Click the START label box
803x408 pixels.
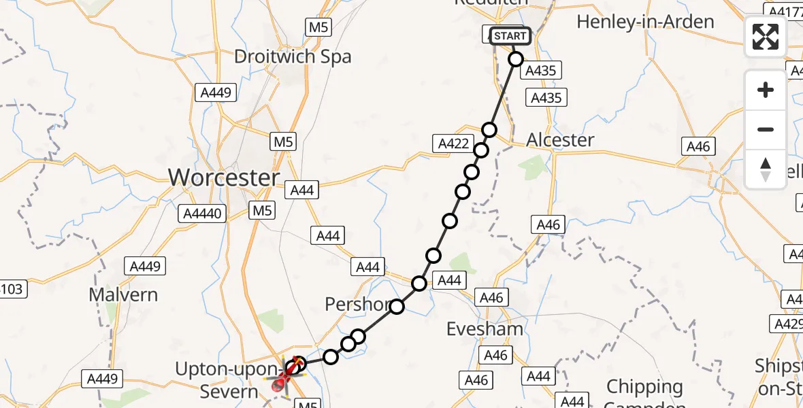click(510, 36)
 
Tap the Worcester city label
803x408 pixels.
click(224, 178)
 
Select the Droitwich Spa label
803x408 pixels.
click(293, 56)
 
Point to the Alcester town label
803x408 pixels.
click(560, 140)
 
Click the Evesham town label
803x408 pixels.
click(485, 330)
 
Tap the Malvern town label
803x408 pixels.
click(123, 295)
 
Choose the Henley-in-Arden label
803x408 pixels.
click(645, 22)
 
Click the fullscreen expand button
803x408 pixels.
click(766, 37)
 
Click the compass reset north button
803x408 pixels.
click(766, 169)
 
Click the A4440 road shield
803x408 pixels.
click(202, 214)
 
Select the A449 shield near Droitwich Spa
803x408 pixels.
click(216, 93)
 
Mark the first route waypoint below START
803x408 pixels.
click(516, 59)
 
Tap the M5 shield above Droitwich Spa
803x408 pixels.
click(318, 27)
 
